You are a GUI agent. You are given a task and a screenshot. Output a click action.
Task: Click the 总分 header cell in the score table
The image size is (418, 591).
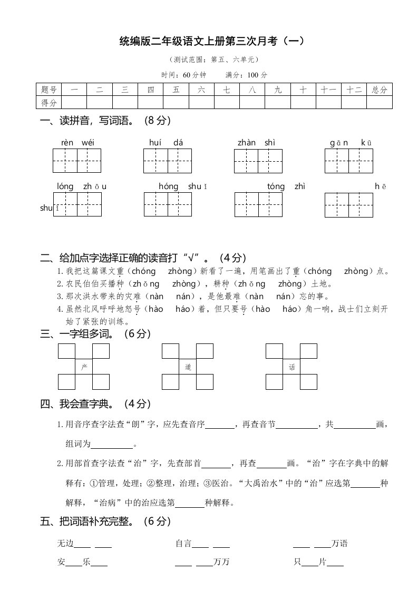point(379,90)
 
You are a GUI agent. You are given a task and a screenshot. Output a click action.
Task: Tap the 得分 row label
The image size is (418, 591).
point(48,102)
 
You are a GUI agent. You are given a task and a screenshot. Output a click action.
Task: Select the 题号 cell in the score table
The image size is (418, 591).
point(48,90)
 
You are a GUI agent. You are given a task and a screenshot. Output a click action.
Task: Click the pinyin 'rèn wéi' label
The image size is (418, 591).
point(77,143)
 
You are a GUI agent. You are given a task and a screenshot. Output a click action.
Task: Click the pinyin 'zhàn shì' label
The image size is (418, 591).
point(256,143)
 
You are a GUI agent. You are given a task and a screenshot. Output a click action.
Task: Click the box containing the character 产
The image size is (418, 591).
point(83,366)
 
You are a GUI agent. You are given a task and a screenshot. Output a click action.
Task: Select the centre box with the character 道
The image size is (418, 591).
point(188,366)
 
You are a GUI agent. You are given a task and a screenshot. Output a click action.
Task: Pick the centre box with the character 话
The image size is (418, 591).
point(291,366)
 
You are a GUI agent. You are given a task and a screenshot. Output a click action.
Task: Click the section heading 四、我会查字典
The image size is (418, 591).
point(95,405)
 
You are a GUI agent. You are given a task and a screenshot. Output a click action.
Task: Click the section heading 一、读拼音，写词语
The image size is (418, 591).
point(105,121)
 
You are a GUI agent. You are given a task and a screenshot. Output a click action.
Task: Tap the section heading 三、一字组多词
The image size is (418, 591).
point(95,334)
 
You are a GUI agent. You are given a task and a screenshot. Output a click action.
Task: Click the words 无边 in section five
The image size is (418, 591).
point(66,544)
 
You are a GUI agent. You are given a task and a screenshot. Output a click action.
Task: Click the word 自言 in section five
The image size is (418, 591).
point(183,544)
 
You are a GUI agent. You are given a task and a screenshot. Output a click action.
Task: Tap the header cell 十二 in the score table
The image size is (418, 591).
point(353,90)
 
